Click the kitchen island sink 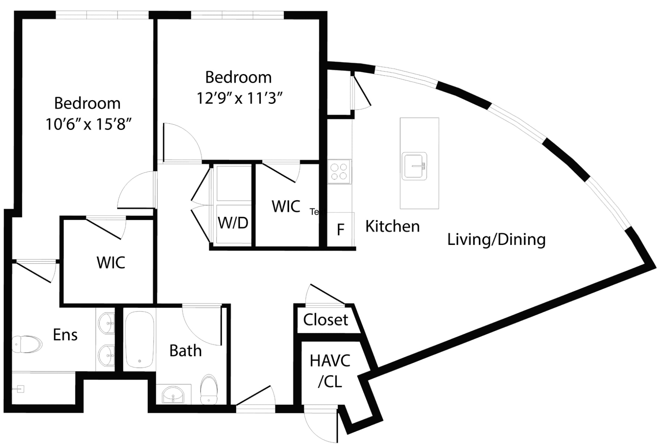pos(414,166)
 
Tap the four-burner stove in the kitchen pos(339,172)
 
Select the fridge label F pos(340,230)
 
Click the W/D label pos(233,223)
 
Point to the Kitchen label pos(392,226)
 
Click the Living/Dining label pos(496,239)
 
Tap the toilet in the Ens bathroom pos(27,344)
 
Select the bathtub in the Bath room pos(139,339)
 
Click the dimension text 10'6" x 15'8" pos(89,124)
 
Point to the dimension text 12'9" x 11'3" pos(239,98)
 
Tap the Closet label pos(325,320)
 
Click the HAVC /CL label pos(330,371)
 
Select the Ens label pos(65,335)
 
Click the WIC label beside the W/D pos(286,206)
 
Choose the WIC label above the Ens pos(110,262)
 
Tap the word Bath pos(185,351)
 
